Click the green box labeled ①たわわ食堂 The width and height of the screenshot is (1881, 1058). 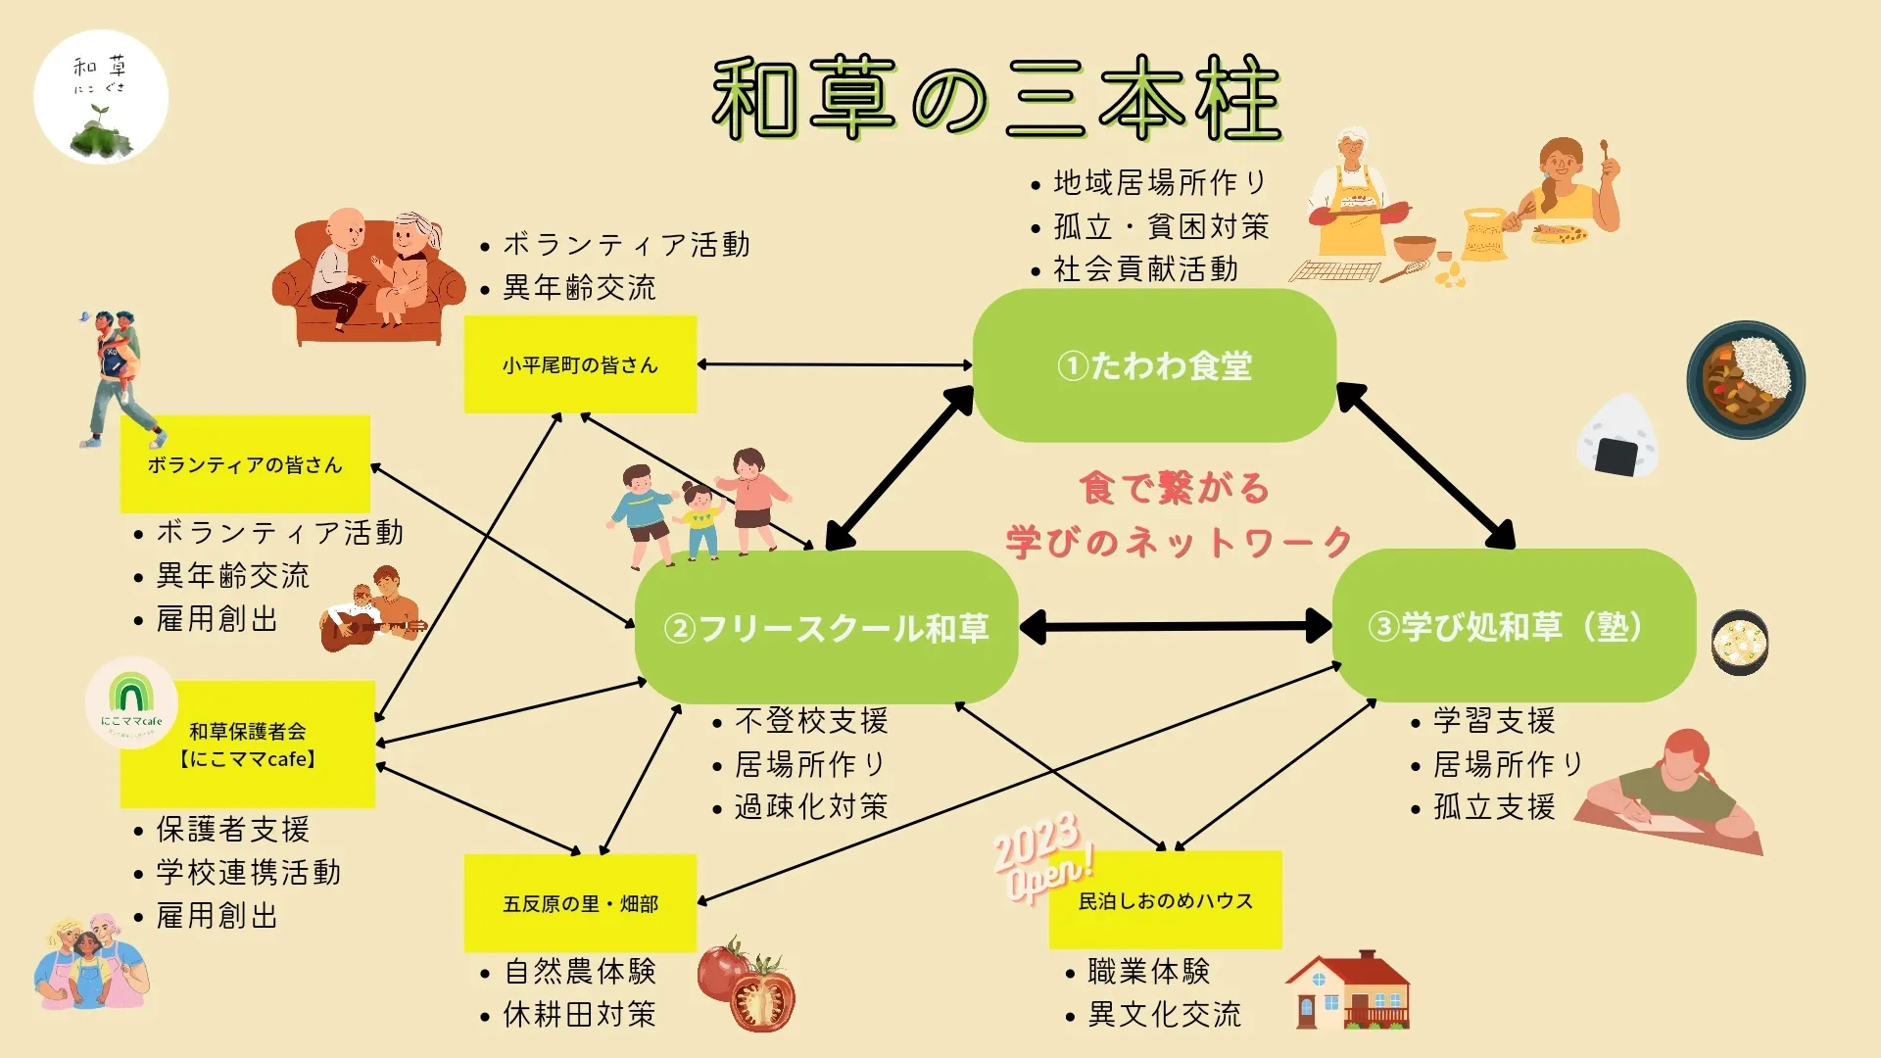(1154, 365)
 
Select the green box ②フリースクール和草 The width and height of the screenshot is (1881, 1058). (826, 627)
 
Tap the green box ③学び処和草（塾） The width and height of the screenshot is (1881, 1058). (1514, 625)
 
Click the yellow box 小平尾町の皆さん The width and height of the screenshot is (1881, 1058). (580, 364)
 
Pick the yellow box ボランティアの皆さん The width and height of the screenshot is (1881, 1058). (245, 464)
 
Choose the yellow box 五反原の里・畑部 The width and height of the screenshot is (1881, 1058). (580, 902)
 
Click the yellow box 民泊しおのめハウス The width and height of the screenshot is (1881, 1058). (1165, 900)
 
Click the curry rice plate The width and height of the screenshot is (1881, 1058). (1746, 379)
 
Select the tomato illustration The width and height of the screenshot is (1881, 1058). (748, 984)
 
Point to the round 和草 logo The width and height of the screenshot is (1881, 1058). (101, 97)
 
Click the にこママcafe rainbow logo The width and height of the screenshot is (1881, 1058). (131, 701)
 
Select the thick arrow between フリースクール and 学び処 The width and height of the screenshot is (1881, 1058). (1175, 626)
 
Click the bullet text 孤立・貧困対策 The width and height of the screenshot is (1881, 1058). (1160, 226)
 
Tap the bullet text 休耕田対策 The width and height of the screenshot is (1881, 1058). (578, 1014)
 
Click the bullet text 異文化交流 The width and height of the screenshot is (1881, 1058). (1164, 1014)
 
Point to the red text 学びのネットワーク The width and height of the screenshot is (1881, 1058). (1180, 542)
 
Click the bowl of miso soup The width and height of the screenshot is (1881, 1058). (1740, 643)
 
